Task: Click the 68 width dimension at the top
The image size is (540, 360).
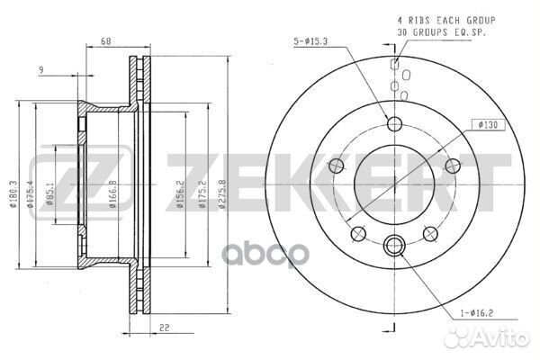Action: click(x=106, y=40)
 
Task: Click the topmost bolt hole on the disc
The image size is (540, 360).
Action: click(x=393, y=123)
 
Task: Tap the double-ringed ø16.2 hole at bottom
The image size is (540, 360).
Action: click(x=393, y=243)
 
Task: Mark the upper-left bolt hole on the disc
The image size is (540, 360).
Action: click(x=337, y=165)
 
